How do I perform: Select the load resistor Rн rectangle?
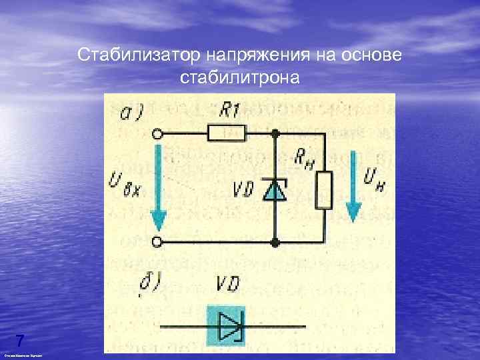325,189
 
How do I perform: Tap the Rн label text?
306,159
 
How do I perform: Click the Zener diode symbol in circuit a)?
275,189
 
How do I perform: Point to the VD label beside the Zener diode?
243,191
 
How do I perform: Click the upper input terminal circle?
158,135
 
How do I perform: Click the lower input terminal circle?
158,241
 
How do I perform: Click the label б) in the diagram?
149,285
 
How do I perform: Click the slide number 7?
20,340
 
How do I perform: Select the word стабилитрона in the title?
240,77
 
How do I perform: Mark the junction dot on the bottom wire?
275,241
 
